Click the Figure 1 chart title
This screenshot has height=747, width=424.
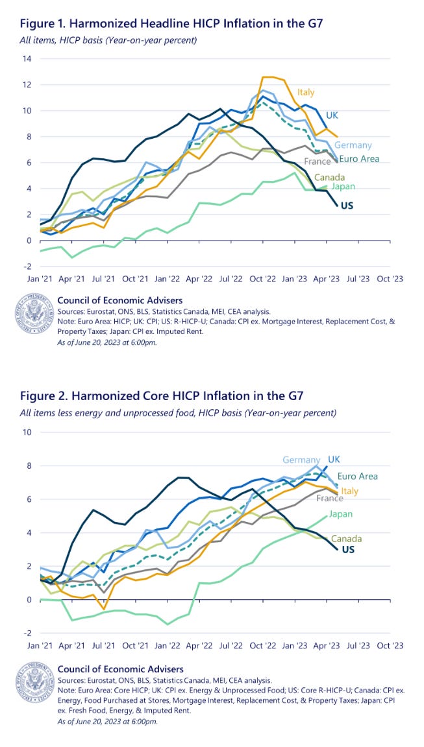[171, 24]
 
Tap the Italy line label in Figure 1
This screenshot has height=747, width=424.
[306, 92]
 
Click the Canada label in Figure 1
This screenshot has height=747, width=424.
[329, 178]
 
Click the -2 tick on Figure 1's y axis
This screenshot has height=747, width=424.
[26, 267]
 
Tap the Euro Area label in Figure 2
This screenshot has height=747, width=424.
[358, 476]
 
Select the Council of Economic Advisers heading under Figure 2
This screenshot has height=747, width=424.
[120, 669]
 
